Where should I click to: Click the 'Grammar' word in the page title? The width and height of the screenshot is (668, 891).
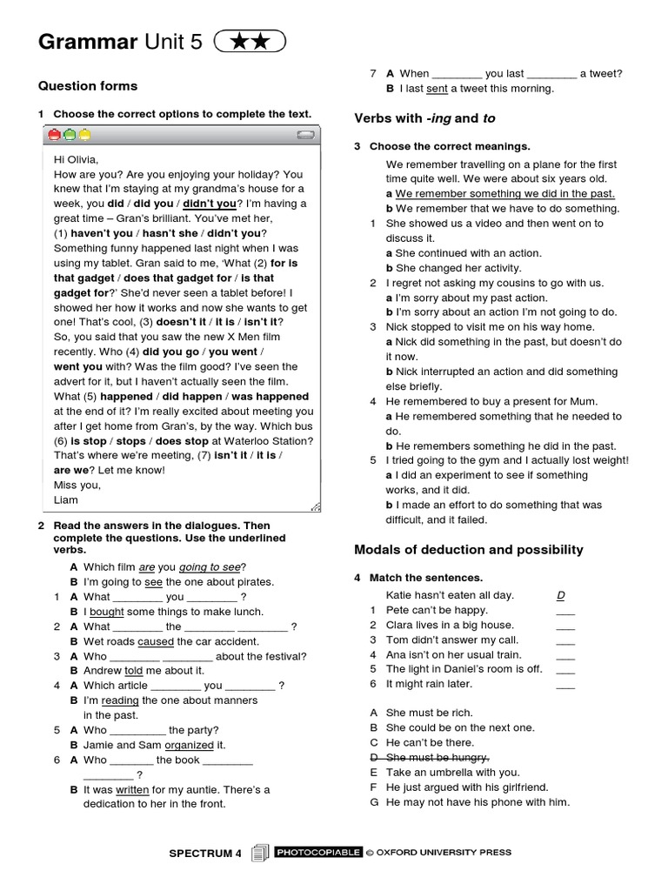click(x=88, y=42)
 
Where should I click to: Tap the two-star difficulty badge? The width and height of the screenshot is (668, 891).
click(x=248, y=42)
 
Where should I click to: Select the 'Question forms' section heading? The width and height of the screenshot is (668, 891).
click(x=88, y=85)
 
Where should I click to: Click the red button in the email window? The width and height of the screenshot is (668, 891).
click(x=54, y=135)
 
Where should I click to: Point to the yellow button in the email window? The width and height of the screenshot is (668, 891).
click(x=84, y=135)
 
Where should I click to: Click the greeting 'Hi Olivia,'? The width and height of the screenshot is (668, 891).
click(x=77, y=159)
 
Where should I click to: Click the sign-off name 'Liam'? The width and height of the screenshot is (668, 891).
click(x=66, y=499)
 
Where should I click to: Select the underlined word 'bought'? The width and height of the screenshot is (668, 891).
click(x=107, y=612)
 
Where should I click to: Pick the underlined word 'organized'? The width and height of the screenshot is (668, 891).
click(x=189, y=745)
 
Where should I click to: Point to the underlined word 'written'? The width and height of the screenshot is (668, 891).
click(x=132, y=789)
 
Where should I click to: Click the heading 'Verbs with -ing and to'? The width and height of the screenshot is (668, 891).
click(x=424, y=118)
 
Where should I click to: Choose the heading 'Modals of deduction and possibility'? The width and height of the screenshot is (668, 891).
click(x=469, y=550)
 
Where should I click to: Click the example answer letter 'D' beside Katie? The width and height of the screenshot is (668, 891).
click(x=561, y=595)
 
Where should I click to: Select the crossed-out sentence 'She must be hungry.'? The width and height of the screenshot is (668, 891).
click(x=438, y=757)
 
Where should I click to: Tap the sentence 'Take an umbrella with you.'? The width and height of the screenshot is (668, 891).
click(x=452, y=772)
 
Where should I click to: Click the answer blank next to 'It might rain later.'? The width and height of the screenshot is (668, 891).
click(x=565, y=685)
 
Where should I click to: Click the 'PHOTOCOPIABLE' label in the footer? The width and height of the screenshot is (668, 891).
click(x=317, y=853)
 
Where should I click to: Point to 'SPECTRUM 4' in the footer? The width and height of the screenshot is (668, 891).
click(x=205, y=854)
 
